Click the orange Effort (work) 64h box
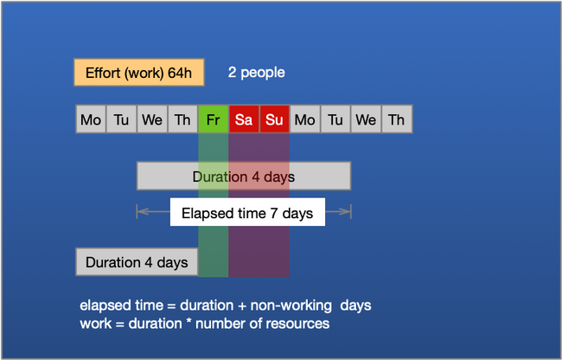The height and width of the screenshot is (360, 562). (x=139, y=73)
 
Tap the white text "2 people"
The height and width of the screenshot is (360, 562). (x=256, y=73)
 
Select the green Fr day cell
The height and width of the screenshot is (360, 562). (x=214, y=119)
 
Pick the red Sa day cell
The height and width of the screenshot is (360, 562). (x=244, y=119)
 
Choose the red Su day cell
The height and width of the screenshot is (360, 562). (x=274, y=119)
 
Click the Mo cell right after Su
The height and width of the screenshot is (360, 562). (x=304, y=119)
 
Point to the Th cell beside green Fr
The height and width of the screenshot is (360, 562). (x=182, y=119)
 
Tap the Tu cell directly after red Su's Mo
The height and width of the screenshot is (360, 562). (x=335, y=119)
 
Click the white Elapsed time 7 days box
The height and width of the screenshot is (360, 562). (x=247, y=212)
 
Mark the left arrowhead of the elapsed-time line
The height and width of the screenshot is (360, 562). (x=138, y=211)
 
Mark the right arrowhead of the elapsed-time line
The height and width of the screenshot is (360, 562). (x=349, y=211)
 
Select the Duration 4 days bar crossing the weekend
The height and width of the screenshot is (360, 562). (x=244, y=176)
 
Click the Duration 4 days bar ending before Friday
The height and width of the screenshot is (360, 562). (x=137, y=262)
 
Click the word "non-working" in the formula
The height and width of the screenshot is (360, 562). (x=291, y=305)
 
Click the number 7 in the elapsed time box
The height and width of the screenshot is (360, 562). (x=274, y=213)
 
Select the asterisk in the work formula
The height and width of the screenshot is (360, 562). (x=188, y=322)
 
